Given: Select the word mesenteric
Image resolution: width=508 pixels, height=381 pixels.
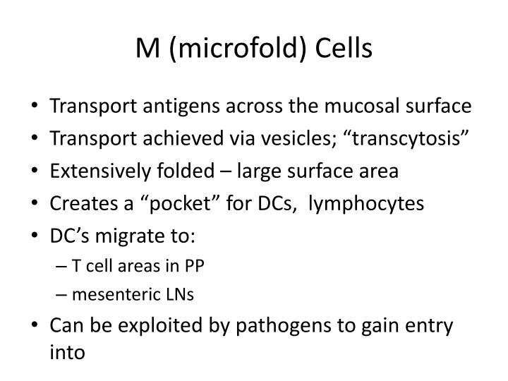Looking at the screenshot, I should pos(106,294).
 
